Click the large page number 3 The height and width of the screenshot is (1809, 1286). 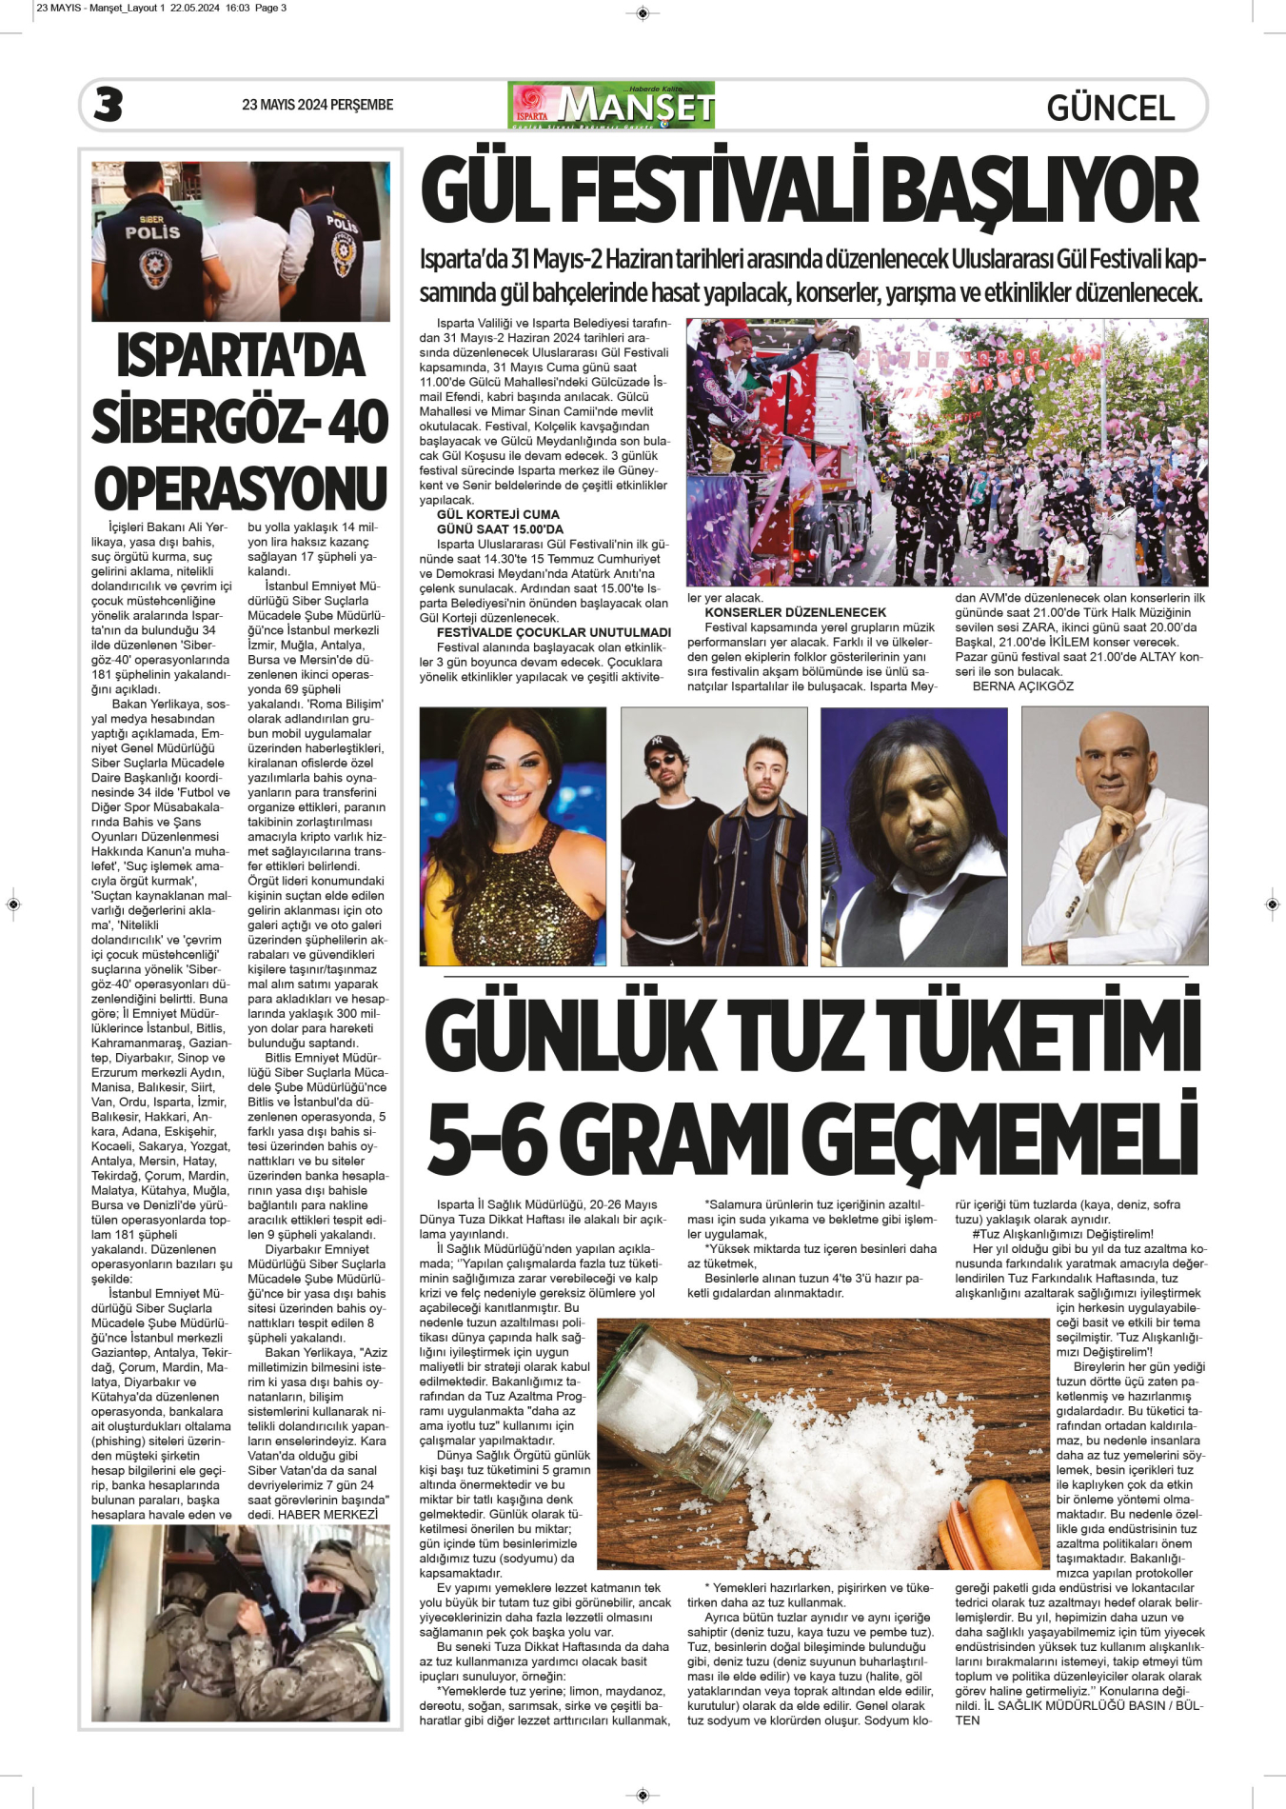coord(109,105)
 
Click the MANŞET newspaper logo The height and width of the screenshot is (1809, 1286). coord(612,105)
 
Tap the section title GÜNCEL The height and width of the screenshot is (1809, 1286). coord(1110,108)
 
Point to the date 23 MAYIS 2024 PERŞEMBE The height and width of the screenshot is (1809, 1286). coord(317,105)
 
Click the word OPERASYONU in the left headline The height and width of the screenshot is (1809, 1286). coord(240,488)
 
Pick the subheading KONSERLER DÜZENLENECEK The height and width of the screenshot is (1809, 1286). coord(795,612)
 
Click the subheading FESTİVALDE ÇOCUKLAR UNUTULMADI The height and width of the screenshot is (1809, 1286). coord(553,632)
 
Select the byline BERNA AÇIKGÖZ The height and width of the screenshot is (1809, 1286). coord(1022,686)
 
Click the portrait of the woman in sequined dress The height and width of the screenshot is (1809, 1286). coord(512,835)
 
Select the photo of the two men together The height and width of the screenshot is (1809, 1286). coord(713,835)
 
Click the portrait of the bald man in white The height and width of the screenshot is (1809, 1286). coord(1114,835)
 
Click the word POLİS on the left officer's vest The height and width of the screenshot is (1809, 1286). coord(152,231)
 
